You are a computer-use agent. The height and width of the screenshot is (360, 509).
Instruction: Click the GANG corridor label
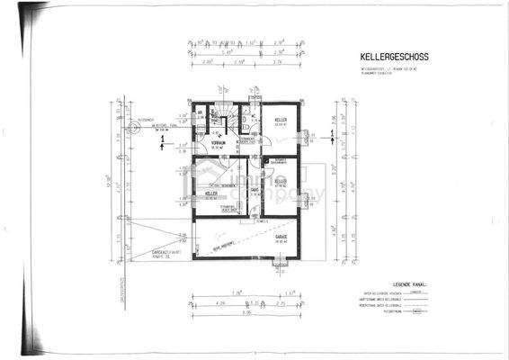pos(254,191)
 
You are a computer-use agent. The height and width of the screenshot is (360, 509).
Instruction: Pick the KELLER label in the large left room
pos(211,193)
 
